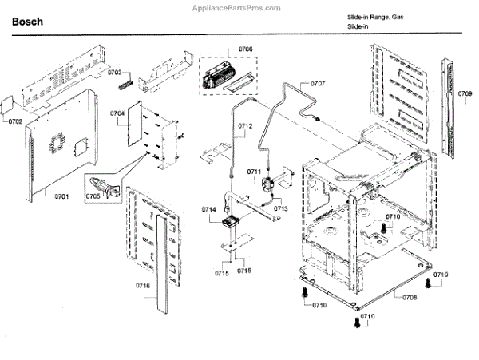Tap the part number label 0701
61,196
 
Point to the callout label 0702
15,122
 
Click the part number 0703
115,71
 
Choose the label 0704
117,113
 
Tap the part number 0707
317,83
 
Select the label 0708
410,297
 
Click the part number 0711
254,172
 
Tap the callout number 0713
280,209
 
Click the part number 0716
143,285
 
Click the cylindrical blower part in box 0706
219,77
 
